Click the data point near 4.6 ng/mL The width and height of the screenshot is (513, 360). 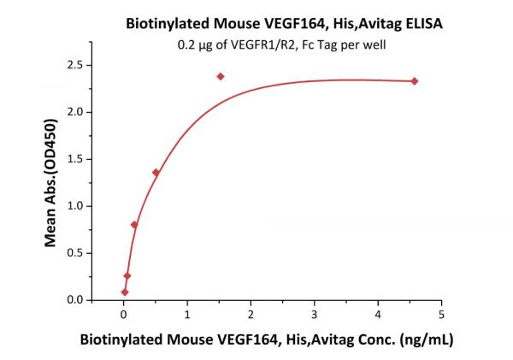click(415, 81)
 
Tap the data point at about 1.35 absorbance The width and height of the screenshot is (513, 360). click(156, 173)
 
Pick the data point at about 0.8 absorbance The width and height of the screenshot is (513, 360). click(134, 224)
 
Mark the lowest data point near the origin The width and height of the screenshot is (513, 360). click(125, 292)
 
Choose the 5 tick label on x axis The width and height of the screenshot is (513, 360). click(441, 314)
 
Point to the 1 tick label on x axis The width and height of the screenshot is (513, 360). click(187, 314)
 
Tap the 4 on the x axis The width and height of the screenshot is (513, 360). click(378, 314)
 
